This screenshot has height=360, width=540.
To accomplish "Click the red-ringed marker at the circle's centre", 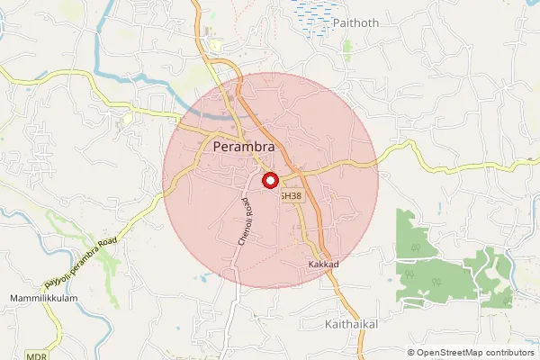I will [x=270, y=180].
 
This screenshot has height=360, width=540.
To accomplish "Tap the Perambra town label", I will [x=250, y=145].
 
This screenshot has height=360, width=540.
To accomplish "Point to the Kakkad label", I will [x=323, y=265].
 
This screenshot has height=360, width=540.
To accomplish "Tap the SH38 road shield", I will [x=291, y=194].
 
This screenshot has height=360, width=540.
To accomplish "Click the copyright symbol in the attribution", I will [x=411, y=353].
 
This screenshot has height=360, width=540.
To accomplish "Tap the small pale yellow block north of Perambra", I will [x=215, y=46].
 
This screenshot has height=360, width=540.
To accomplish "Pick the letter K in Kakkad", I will [x=310, y=265].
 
